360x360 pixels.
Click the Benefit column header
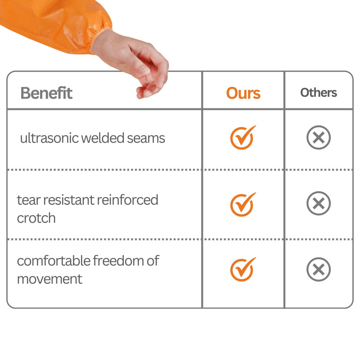(x=46, y=93)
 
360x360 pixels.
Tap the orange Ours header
(x=243, y=93)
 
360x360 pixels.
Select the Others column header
(x=319, y=93)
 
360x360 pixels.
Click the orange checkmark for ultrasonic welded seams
(x=243, y=138)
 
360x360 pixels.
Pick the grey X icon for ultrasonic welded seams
(x=319, y=137)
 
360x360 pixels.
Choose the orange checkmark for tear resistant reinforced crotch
(x=243, y=204)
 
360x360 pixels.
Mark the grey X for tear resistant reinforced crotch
(x=319, y=203)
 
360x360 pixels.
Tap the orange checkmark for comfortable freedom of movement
(x=243, y=269)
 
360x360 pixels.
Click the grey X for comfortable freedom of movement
(x=319, y=269)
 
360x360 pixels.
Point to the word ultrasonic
(x=49, y=138)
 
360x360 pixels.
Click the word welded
(x=103, y=138)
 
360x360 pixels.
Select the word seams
(x=146, y=139)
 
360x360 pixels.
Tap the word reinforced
(x=128, y=200)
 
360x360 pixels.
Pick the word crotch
(x=36, y=218)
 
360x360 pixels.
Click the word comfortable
(x=54, y=261)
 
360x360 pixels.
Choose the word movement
(x=49, y=279)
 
